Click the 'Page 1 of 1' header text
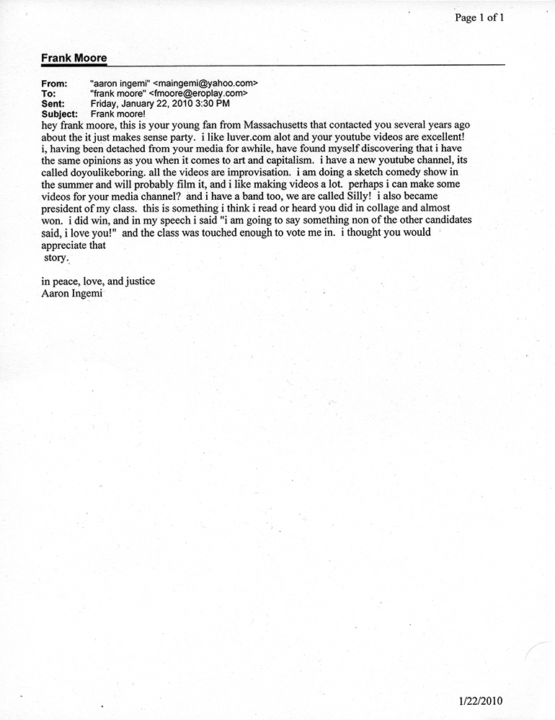pyautogui.click(x=479, y=18)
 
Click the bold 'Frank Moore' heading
pyautogui.click(x=74, y=58)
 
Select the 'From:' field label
pyautogui.click(x=55, y=84)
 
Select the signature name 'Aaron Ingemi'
pyautogui.click(x=72, y=294)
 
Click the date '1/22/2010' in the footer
pyautogui.click(x=480, y=701)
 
